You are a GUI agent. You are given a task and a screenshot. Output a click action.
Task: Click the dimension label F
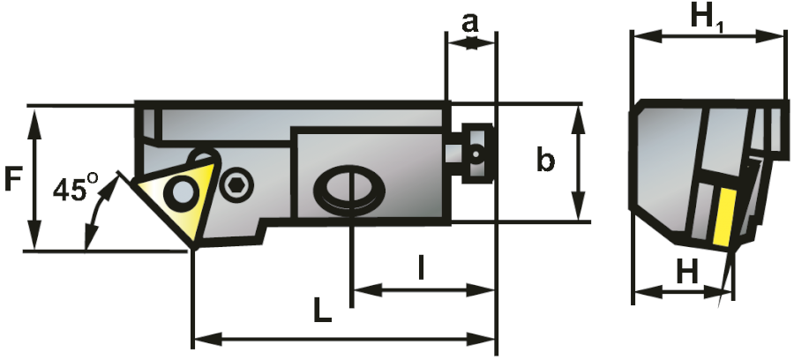click(x=13, y=179)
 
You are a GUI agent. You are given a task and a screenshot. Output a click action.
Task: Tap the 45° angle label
click(x=75, y=189)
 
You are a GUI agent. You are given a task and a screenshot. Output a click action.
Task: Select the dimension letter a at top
click(x=471, y=22)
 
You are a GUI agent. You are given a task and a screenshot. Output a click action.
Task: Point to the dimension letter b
click(x=546, y=161)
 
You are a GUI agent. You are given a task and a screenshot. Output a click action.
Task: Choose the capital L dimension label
click(x=322, y=310)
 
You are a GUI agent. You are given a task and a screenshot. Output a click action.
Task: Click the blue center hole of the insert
click(x=184, y=192)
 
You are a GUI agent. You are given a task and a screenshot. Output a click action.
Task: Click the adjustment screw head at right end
click(x=477, y=152)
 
